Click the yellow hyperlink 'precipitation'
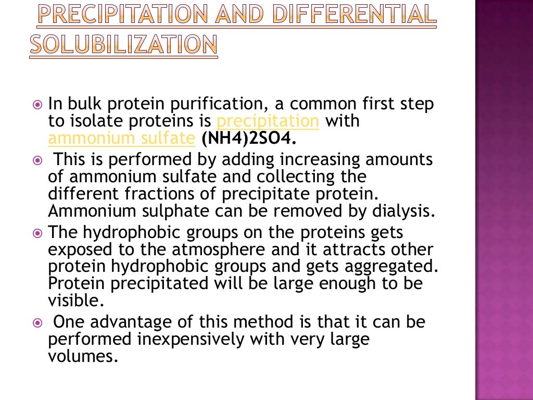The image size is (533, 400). click(268, 121)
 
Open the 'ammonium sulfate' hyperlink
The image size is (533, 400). click(121, 139)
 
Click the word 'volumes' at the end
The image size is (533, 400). click(80, 357)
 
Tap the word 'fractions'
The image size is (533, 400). click(164, 194)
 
